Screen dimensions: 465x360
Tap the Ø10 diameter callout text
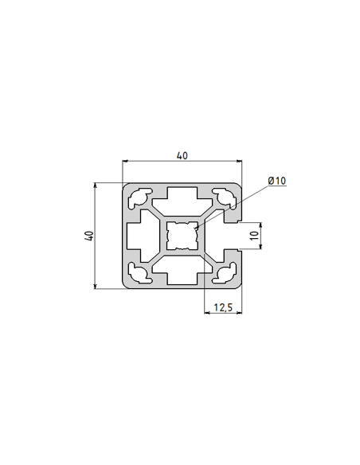tap(276, 181)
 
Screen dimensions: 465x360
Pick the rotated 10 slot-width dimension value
tap(253, 236)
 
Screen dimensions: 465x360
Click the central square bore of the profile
tap(182, 236)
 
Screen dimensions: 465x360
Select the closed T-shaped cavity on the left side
tap(141, 236)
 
